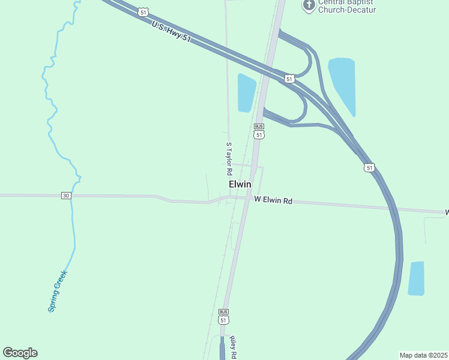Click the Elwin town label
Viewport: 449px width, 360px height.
click(240, 185)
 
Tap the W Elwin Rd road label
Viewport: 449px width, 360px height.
click(273, 200)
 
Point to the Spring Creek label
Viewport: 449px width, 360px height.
click(58, 291)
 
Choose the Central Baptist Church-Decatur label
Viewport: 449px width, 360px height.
click(347, 7)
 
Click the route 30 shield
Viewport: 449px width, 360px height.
click(66, 196)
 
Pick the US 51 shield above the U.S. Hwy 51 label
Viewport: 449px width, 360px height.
click(142, 12)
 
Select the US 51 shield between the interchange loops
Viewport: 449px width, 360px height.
click(289, 79)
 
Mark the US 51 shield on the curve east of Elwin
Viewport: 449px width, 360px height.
click(369, 168)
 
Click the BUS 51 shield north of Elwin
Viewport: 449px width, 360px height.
click(259, 131)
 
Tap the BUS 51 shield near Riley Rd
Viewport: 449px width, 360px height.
click(224, 317)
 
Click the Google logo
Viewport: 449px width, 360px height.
click(20, 353)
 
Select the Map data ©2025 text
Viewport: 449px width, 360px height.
click(423, 355)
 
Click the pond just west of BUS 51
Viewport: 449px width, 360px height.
click(246, 93)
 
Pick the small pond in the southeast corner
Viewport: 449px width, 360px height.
click(416, 278)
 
